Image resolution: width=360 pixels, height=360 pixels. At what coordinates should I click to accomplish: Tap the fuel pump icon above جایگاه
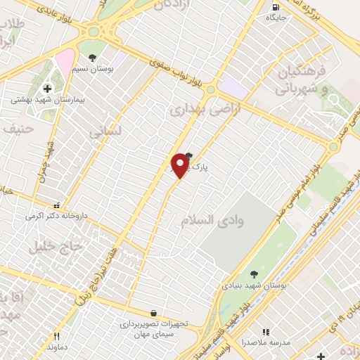pos(274,8)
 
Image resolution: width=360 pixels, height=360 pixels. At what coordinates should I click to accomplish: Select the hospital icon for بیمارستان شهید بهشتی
pos(47,89)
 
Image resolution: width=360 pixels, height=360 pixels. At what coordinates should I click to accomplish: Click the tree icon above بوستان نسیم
pos(92,56)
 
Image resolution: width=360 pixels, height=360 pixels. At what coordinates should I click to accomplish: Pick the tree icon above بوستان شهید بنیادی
pos(254,275)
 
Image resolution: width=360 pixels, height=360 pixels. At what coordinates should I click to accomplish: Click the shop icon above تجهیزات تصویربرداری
pos(153,314)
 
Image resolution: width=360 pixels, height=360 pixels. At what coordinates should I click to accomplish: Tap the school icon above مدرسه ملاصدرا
pos(266,332)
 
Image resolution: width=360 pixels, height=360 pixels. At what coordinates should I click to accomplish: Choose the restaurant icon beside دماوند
pos(57,337)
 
